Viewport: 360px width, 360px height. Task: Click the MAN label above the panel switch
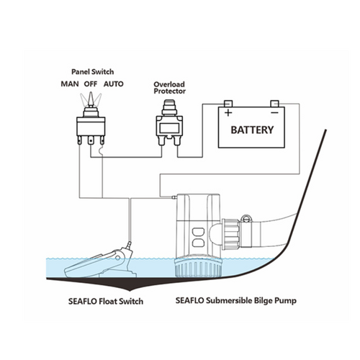[70, 84]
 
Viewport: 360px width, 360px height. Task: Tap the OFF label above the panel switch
[91, 84]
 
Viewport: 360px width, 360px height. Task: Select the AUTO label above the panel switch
[114, 84]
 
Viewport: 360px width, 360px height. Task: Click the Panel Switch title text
[93, 72]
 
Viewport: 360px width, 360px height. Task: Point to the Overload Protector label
[170, 88]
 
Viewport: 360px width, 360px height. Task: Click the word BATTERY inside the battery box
[252, 130]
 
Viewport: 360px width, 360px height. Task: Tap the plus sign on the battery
[228, 112]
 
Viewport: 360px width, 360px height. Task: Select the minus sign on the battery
[274, 112]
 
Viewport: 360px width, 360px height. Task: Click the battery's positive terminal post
[228, 104]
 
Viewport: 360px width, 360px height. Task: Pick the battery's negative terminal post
[274, 104]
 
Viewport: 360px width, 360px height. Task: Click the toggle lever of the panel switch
[91, 99]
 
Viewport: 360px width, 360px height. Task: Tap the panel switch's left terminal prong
[80, 140]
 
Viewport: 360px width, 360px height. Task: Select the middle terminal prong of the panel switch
[91, 140]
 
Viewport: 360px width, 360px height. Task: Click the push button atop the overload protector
[169, 104]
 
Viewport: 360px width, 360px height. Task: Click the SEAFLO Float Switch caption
[106, 302]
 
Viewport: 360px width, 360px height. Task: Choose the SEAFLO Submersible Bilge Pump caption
[236, 301]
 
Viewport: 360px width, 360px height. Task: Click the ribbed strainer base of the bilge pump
[198, 268]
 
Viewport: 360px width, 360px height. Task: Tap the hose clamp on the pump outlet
[246, 230]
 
